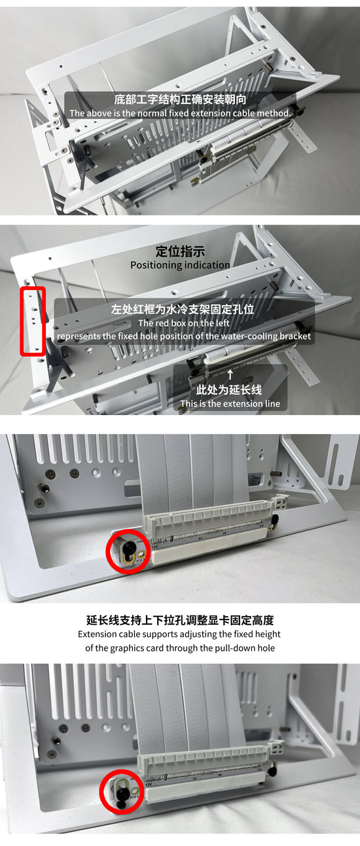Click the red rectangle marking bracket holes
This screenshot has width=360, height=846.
pyautogui.click(x=33, y=321)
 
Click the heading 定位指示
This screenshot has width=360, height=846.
pyautogui.click(x=180, y=251)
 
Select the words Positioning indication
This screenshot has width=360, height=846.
pyautogui.click(x=180, y=265)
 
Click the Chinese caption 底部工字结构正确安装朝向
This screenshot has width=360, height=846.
pyautogui.click(x=180, y=100)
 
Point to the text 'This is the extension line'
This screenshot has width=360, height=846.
pyautogui.click(x=230, y=403)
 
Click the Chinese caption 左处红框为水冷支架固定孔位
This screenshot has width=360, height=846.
pyautogui.click(x=183, y=309)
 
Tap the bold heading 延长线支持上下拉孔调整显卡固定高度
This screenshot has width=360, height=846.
pyautogui.click(x=180, y=619)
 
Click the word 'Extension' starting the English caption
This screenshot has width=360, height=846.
pyautogui.click(x=98, y=634)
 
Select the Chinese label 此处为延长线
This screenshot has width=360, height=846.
pyautogui.click(x=230, y=390)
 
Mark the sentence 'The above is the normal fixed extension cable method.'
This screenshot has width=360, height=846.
pyautogui.click(x=180, y=113)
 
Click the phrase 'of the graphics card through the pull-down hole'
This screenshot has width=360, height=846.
pyautogui.click(x=180, y=648)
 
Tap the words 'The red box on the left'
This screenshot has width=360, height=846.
pyautogui.click(x=183, y=323)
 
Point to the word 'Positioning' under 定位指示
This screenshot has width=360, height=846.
pyautogui.click(x=155, y=265)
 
